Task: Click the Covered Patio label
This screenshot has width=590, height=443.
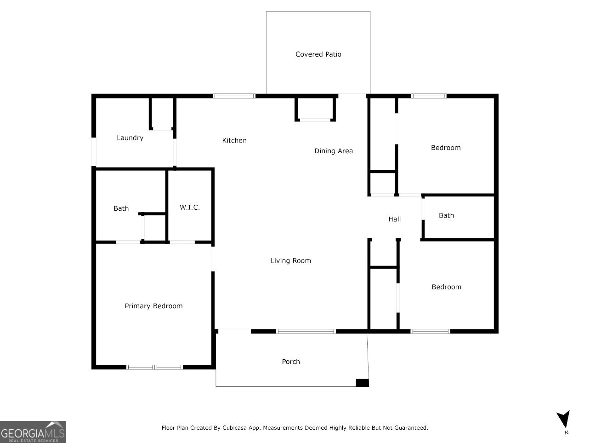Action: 318,54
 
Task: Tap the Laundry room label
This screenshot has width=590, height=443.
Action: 130,138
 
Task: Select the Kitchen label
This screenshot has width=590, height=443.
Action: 234,140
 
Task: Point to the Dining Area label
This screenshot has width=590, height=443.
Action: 333,151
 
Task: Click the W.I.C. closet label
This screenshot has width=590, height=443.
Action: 190,207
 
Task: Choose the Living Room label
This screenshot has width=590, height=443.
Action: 290,261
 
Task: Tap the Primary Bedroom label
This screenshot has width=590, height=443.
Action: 153,306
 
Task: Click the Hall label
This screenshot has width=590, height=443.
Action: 394,219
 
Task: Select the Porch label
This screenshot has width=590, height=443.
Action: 290,362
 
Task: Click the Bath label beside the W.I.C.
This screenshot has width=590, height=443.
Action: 121,208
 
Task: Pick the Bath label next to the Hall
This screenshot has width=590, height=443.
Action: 446,215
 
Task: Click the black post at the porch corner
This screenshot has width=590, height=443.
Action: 362,383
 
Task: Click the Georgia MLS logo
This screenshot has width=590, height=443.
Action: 33,432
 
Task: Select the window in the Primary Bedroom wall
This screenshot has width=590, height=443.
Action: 154,367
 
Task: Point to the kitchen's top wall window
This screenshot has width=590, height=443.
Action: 234,96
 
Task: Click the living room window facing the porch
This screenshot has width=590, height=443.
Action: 306,331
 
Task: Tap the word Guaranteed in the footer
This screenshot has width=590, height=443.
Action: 410,428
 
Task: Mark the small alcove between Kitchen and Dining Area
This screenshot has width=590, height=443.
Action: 315,109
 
